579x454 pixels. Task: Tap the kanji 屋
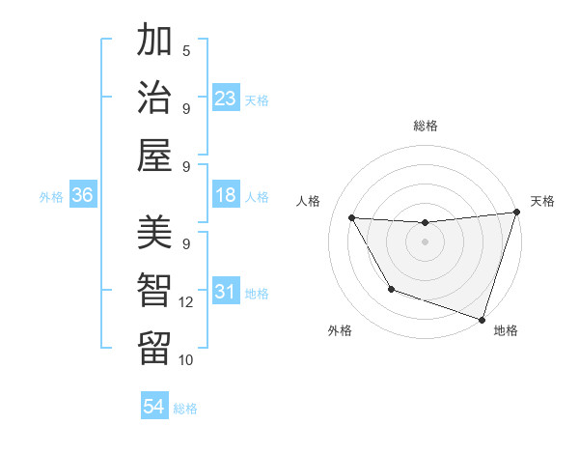[154, 155]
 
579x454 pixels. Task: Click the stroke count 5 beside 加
[186, 50]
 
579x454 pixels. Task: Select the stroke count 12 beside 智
[186, 302]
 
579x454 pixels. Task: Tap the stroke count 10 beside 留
[186, 360]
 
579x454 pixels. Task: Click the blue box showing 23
[226, 98]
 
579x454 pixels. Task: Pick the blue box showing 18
[226, 195]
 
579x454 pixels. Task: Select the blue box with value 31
[226, 292]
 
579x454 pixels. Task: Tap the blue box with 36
[83, 195]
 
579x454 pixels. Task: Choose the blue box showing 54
[154, 407]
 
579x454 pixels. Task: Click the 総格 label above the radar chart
[426, 126]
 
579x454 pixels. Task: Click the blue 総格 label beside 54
[185, 409]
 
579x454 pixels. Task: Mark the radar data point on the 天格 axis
[516, 213]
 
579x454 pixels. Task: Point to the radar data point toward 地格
[482, 319]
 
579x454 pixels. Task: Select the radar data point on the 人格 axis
[351, 218]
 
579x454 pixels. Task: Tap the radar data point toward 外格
[391, 289]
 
